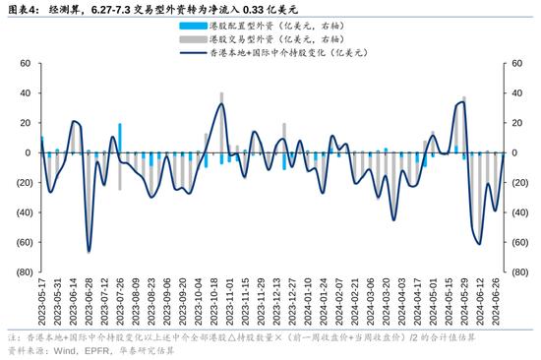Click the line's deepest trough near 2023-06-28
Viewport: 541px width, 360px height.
coord(89,252)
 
